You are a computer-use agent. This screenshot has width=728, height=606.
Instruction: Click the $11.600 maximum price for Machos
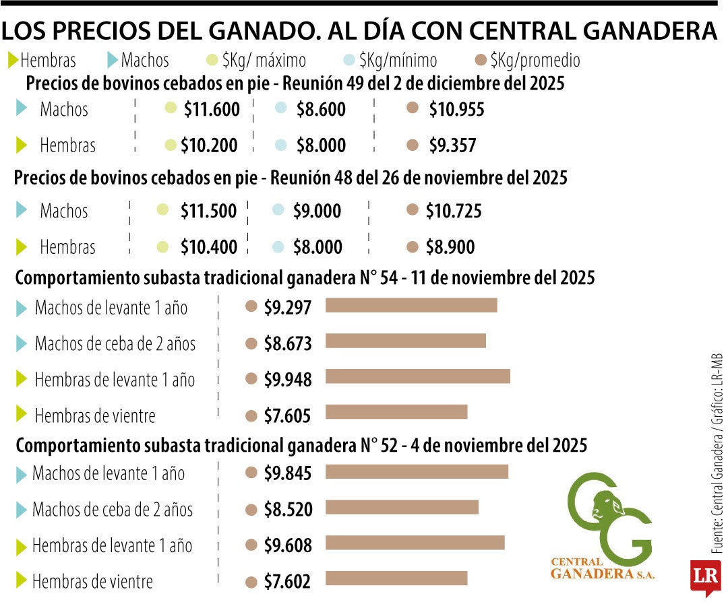[212, 109]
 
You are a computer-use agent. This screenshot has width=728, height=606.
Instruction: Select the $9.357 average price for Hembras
[452, 145]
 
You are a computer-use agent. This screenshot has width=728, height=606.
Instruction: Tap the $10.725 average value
[454, 211]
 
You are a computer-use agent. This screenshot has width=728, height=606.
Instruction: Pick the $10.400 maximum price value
[209, 247]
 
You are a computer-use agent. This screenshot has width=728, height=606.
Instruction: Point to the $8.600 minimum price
[321, 109]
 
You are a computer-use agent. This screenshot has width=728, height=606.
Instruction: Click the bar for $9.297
[411, 306]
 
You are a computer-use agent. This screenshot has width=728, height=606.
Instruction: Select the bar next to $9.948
[418, 376]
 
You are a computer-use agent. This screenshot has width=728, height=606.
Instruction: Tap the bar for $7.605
[396, 411]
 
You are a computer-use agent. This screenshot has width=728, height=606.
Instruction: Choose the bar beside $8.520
[402, 507]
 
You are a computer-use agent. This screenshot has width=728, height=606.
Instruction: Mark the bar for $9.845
[417, 471]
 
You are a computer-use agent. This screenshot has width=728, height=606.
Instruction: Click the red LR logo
[705, 576]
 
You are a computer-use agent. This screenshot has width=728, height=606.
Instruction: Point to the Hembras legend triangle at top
[13, 61]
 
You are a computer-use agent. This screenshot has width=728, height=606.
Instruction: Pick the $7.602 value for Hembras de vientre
[287, 580]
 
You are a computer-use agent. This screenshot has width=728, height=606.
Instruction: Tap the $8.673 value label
[288, 343]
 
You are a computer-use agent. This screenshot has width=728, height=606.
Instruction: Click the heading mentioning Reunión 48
[291, 178]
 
